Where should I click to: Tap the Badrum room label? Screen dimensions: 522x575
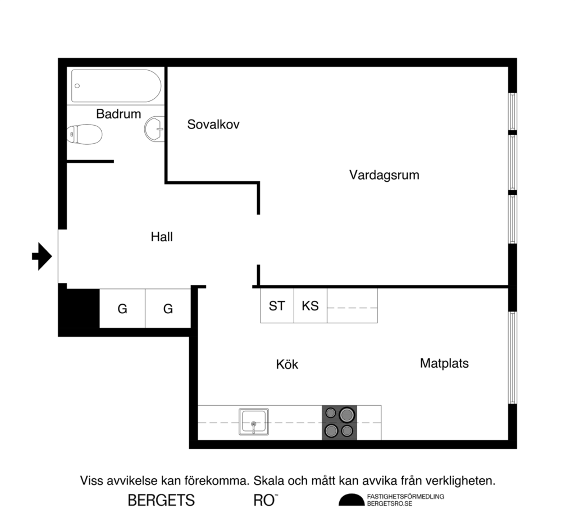point(118,114)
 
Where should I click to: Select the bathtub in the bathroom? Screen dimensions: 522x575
point(116,86)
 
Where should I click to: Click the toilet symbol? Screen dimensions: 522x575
point(84,134)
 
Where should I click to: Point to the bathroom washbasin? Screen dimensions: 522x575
point(154,129)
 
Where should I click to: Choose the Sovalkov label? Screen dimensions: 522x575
point(213,125)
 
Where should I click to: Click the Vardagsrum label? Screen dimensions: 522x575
point(384,175)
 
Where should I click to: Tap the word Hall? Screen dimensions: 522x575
point(162,237)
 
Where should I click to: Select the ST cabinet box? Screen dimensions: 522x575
point(277,306)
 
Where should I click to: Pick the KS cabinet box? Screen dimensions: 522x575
point(310,306)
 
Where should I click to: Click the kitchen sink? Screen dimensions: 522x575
point(254,422)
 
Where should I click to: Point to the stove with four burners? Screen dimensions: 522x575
point(339,422)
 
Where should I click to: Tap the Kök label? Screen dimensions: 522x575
point(287,364)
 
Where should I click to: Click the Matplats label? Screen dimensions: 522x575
point(444,363)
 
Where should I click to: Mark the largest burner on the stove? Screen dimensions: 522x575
point(347,415)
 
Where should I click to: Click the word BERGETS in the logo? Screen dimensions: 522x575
point(161,500)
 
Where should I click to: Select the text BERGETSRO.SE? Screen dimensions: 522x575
point(389,504)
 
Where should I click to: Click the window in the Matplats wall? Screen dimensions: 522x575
point(512,358)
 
